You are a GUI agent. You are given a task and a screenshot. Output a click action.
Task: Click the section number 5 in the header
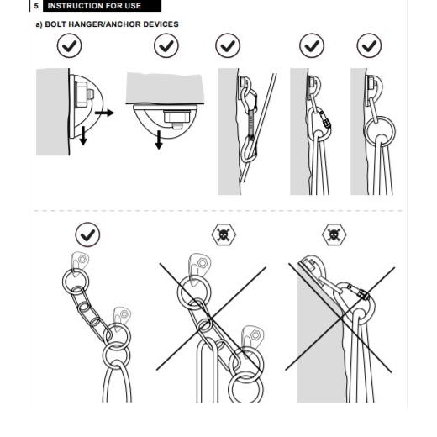(36, 6)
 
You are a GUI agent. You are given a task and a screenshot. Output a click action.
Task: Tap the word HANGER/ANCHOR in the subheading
(104, 24)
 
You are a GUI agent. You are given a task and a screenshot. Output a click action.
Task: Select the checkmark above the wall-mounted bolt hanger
(69, 45)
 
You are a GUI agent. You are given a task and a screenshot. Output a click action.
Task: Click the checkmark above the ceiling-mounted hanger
(166, 45)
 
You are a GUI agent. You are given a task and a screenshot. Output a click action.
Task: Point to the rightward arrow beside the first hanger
(104, 113)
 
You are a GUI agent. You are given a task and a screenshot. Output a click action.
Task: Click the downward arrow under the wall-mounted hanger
(83, 136)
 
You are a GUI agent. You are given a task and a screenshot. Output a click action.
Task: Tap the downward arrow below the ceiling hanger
(159, 140)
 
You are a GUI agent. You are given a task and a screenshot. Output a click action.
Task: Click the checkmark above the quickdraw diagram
(228, 45)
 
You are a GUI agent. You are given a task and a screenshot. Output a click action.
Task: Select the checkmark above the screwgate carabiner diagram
(312, 45)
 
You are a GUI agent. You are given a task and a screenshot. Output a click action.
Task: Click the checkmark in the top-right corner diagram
(369, 45)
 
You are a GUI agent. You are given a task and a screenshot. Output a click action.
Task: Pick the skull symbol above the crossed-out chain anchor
(224, 234)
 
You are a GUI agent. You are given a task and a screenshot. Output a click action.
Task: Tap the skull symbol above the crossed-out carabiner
(334, 234)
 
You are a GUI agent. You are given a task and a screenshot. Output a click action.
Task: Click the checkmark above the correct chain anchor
(87, 234)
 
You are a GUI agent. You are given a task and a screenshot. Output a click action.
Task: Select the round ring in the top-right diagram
(380, 118)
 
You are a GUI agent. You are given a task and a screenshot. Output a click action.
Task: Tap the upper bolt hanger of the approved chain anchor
(81, 261)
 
